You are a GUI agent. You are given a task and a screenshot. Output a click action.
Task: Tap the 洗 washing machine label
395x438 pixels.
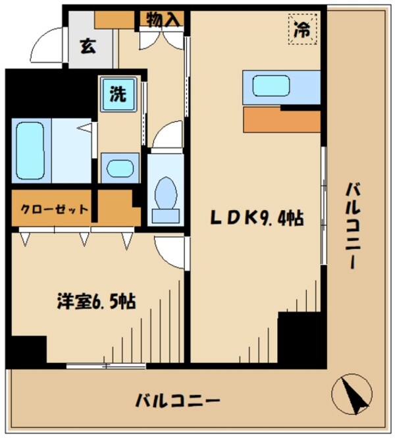117,95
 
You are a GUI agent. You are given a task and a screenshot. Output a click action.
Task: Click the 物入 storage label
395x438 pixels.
163,20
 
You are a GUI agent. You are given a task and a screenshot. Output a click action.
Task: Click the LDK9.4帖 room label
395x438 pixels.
256,218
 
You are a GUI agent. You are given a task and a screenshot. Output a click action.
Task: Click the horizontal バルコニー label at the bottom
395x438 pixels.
178,400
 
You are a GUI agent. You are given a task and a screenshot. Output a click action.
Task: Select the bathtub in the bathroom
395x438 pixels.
28,151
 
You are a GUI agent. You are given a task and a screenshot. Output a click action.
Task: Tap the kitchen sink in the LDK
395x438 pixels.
271,85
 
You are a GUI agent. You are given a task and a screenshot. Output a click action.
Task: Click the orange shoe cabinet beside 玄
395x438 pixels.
114,18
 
